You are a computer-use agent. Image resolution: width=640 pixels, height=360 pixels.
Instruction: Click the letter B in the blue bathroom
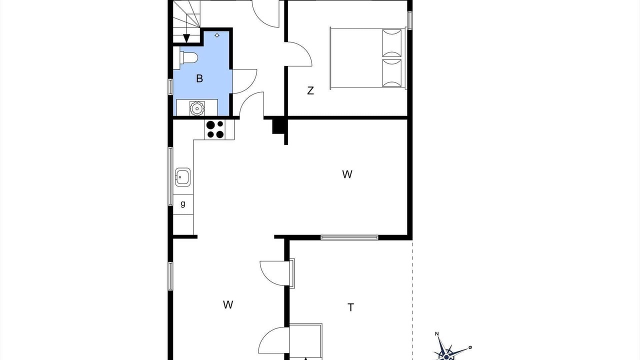199,78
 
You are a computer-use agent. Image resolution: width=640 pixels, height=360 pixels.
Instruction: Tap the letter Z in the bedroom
310,90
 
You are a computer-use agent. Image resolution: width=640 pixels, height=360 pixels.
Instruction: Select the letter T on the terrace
350,307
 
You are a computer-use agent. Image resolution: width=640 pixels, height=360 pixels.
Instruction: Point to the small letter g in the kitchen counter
183,203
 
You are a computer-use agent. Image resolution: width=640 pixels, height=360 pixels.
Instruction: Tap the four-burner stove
215,129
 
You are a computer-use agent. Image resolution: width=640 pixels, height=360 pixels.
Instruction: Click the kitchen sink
182,177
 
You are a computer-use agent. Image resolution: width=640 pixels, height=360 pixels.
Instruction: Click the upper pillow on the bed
391,43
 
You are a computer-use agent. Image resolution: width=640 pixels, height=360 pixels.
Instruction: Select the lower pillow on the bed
391,73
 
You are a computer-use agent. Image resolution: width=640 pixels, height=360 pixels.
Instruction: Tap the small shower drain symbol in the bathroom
217,35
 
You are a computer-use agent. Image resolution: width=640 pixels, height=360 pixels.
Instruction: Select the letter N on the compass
436,333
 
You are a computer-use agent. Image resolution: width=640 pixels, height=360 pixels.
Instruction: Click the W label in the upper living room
347,174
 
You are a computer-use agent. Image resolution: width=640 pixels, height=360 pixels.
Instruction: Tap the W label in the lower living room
228,305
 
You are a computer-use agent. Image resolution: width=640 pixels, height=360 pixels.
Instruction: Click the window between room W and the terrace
349,237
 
